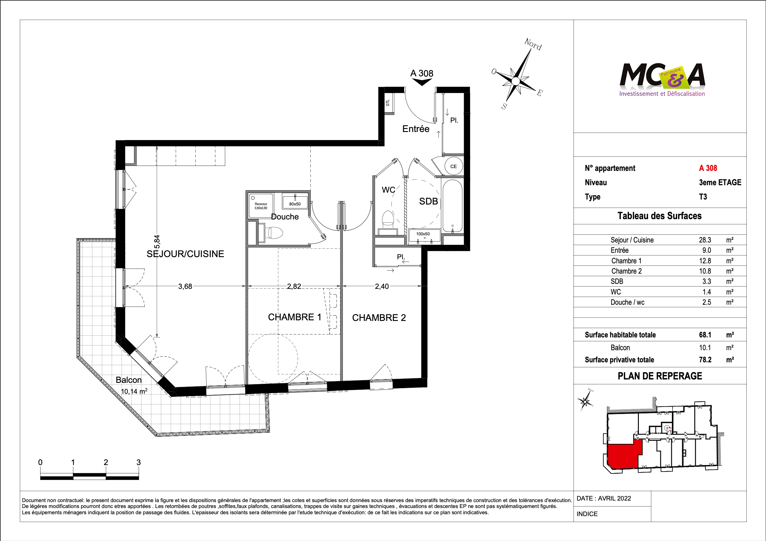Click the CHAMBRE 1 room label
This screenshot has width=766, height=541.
294,317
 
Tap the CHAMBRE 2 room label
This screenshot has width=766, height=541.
379,318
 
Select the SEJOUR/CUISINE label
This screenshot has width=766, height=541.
185,254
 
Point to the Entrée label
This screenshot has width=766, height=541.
416,129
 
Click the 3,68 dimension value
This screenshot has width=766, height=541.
185,286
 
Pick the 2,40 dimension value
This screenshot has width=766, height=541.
382,286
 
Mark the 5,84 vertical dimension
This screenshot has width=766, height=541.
157,242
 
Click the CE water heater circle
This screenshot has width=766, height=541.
453,166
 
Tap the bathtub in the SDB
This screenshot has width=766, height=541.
452,206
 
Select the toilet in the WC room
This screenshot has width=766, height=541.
388,220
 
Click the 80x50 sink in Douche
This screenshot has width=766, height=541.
295,201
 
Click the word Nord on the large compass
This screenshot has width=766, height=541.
533,44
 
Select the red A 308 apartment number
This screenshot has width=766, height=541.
708,168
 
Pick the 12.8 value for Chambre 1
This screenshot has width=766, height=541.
705,261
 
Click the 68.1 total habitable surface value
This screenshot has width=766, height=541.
705,335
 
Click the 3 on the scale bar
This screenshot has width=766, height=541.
138,462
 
